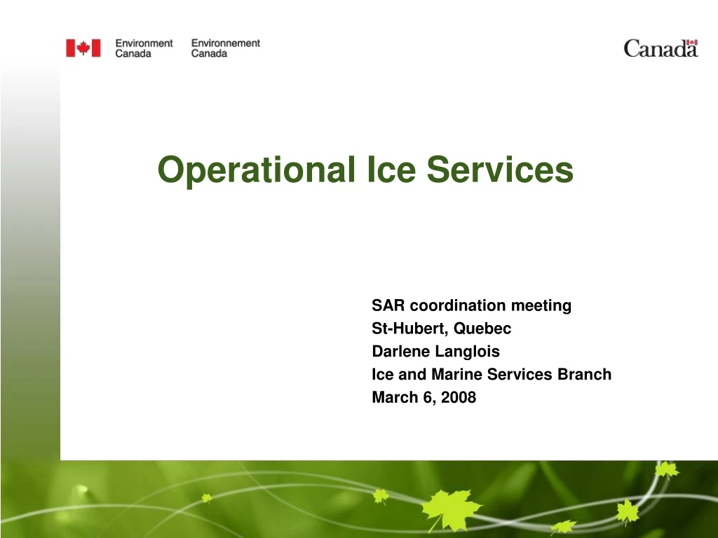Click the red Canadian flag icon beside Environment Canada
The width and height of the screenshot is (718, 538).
(x=83, y=48)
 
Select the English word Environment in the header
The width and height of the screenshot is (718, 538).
(x=144, y=43)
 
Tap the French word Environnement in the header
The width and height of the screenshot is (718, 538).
(x=225, y=43)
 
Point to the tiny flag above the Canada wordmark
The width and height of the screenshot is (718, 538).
(x=692, y=43)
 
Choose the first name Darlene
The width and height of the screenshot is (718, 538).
(x=398, y=352)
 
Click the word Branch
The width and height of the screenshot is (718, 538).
(x=584, y=375)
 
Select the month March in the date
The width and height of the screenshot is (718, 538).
(x=393, y=398)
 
